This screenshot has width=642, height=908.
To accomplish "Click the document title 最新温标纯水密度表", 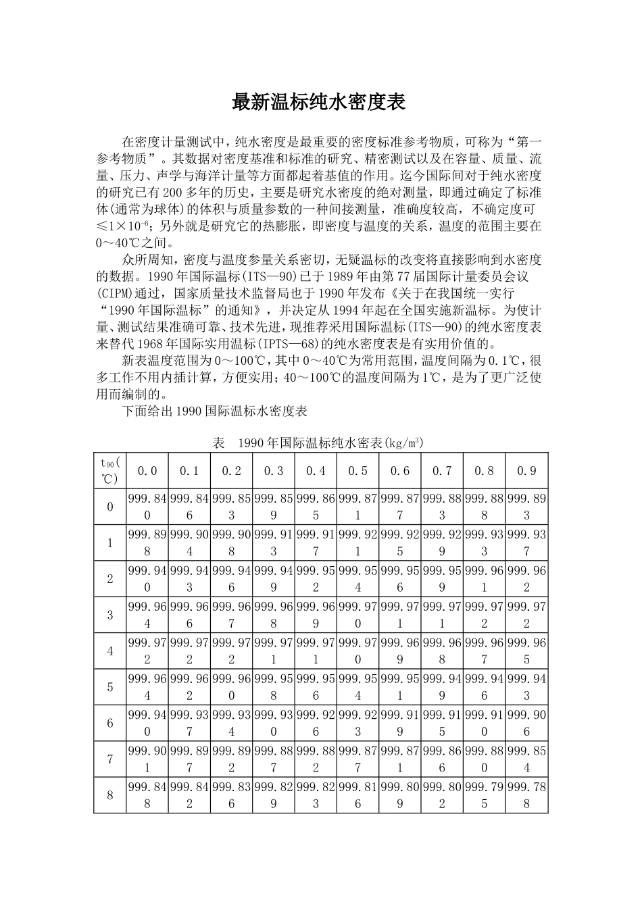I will [x=318, y=103].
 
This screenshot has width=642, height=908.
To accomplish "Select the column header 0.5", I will [x=357, y=471].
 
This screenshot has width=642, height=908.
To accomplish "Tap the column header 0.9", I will [x=526, y=471].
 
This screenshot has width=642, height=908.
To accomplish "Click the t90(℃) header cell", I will [x=109, y=471].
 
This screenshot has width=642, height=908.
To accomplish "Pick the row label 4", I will [x=109, y=651].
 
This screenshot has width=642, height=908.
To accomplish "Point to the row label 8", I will [x=109, y=795].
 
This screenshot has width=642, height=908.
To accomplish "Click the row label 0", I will [x=109, y=507].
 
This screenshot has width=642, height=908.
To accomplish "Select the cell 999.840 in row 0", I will [x=147, y=507].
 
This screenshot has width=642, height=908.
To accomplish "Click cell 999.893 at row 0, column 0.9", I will [x=526, y=507].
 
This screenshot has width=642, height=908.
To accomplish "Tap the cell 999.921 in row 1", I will [x=357, y=543].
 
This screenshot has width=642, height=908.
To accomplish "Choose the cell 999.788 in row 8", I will [x=526, y=795].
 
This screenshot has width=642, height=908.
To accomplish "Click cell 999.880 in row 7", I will [x=484, y=759].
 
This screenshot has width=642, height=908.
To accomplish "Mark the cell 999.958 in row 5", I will [x=273, y=687].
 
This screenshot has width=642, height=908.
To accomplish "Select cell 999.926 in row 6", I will [x=316, y=723].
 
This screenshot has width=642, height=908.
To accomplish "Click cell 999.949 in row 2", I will [x=273, y=579].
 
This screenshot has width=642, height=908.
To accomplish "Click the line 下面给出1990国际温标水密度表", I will [x=214, y=411].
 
